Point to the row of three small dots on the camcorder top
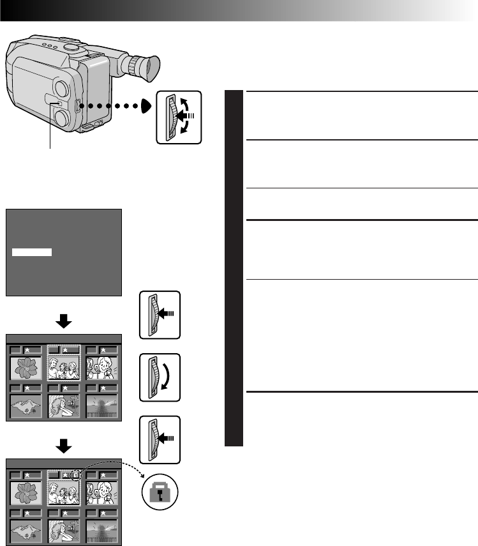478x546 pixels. click(x=51, y=46)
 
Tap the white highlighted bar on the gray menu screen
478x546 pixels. click(x=32, y=253)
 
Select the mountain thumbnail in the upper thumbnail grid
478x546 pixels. click(x=26, y=406)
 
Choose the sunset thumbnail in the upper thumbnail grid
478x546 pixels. click(x=101, y=406)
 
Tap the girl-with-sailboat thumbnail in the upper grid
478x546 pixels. click(x=63, y=406)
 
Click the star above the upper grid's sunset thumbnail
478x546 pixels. click(x=103, y=349)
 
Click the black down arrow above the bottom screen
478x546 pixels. click(x=63, y=443)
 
